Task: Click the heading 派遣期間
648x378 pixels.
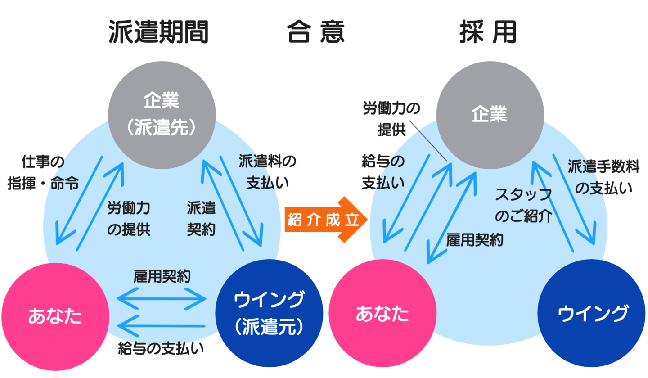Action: coord(159,32)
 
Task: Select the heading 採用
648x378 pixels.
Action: coord(489,32)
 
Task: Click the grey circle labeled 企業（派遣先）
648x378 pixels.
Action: coord(161,114)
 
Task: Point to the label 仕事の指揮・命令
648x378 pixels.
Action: coord(43,172)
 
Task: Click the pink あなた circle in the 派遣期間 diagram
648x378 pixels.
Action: coord(54,315)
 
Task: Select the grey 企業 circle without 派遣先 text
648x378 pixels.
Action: coord(489,115)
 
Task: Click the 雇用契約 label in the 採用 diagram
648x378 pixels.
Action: coord(474,240)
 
